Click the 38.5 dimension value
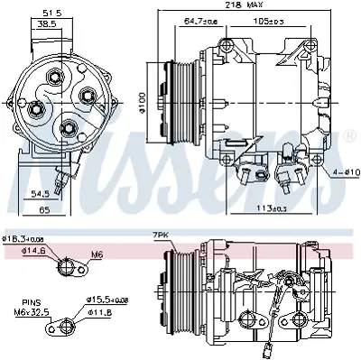pyautogui.click(x=43, y=26)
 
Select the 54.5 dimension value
pyautogui.click(x=39, y=194)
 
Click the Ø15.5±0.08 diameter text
pyautogui.click(x=109, y=299)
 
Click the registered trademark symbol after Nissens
pyautogui.click(x=349, y=135)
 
